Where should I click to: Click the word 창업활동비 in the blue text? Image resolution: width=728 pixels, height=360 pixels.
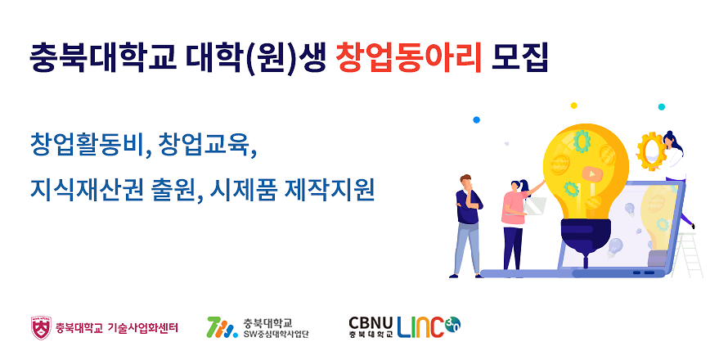click(88, 145)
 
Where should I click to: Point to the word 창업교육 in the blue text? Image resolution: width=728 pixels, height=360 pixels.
click(206, 145)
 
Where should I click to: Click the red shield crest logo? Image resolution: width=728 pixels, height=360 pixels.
click(42, 327)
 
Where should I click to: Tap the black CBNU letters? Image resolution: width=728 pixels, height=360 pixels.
click(371, 322)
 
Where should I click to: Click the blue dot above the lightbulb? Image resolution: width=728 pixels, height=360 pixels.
click(476, 119)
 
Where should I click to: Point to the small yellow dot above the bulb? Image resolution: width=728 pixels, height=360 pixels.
click(574, 106)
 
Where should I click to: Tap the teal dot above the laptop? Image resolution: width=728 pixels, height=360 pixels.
click(661, 107)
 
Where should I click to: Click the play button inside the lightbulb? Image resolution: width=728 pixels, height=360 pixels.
click(591, 174)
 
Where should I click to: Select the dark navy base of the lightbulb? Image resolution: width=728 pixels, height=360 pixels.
click(586, 237)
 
